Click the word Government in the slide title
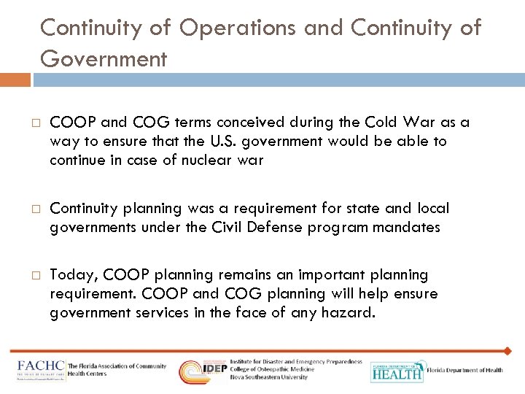[x=104, y=58]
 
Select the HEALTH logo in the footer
[x=396, y=372]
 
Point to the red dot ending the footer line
[x=507, y=351]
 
